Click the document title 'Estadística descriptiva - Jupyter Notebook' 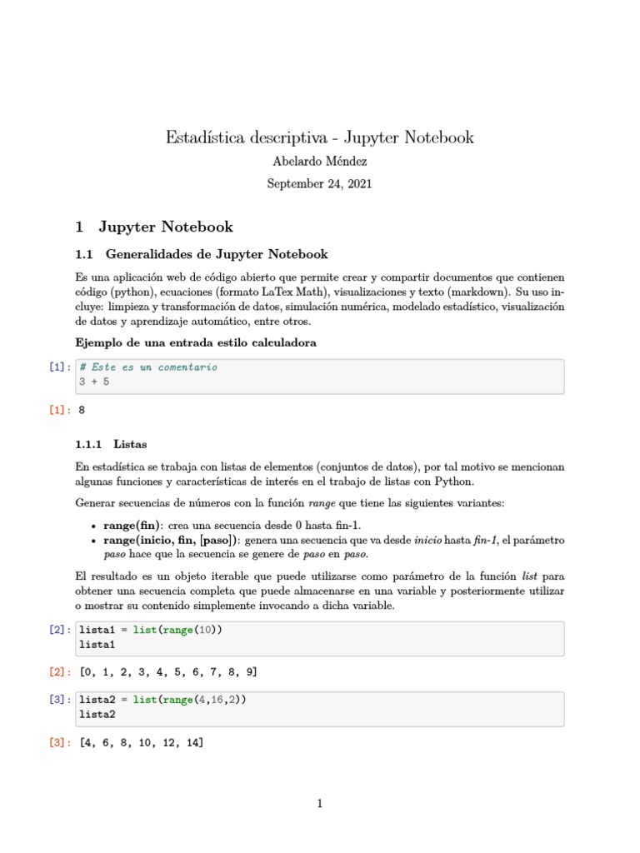coord(319,137)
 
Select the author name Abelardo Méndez coord(319,162)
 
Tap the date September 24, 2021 coord(319,184)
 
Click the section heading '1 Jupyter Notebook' coord(154,227)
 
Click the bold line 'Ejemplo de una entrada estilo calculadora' coord(195,343)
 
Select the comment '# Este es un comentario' coord(148,367)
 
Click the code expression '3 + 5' coord(94,382)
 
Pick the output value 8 coord(82,411)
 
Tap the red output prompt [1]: coord(61,411)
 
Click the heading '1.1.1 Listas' coord(111,445)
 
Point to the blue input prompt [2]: coord(61,631)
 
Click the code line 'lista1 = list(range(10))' coord(151,631)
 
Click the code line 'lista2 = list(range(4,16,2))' coord(162,701)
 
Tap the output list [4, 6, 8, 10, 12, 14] coord(141,742)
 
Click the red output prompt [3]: coord(61,742)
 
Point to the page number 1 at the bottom coord(319,804)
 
